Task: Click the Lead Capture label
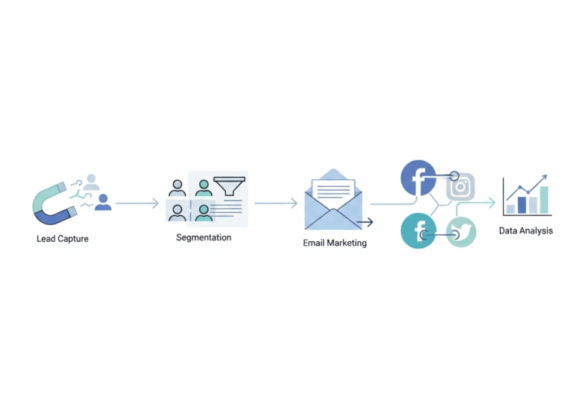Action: click(63, 239)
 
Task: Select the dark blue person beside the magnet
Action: click(103, 202)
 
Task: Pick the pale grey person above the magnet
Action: click(91, 182)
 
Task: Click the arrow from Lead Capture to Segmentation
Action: click(137, 203)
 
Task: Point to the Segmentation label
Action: click(204, 237)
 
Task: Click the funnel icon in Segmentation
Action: click(230, 186)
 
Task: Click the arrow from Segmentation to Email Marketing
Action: click(276, 203)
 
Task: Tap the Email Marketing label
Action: click(335, 243)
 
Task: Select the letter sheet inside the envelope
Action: click(333, 188)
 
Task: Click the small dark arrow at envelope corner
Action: click(365, 222)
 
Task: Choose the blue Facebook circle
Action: click(418, 178)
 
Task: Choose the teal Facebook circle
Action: click(418, 231)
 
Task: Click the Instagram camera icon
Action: click(460, 187)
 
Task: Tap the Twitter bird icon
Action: click(461, 232)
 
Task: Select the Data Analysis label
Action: click(526, 231)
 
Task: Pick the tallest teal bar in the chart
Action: click(544, 200)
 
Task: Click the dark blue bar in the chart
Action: click(521, 205)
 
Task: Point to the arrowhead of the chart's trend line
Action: click(544, 177)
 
